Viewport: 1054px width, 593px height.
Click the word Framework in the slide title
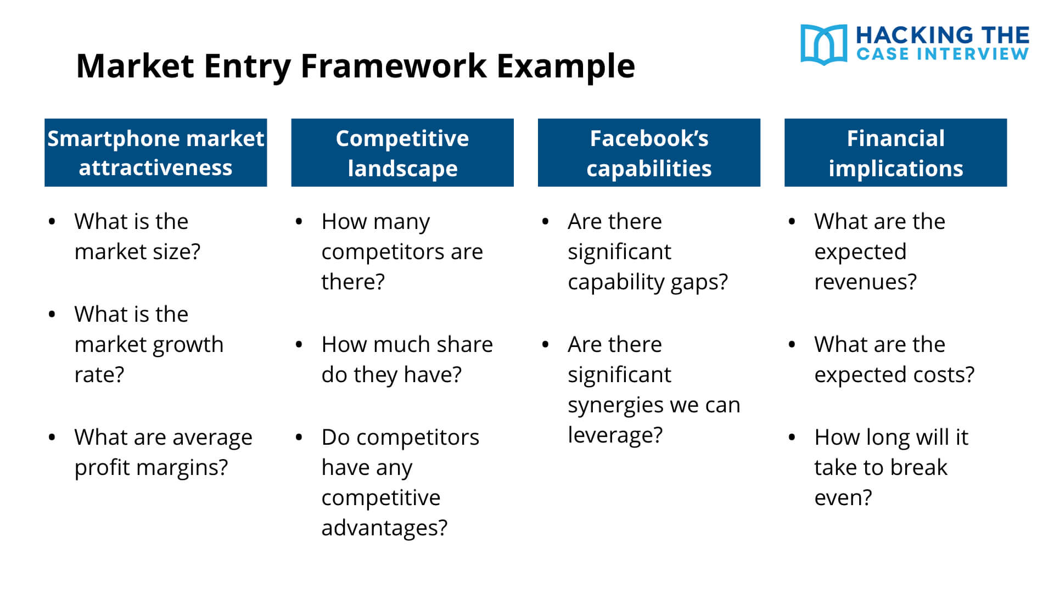click(393, 66)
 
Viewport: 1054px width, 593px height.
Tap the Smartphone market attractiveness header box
click(155, 153)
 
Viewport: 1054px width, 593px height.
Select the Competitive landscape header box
click(402, 153)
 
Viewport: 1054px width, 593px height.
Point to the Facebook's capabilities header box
click(648, 153)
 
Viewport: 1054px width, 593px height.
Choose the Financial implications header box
click(895, 153)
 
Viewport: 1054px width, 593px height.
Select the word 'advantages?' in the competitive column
click(384, 528)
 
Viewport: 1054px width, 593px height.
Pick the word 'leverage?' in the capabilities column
click(615, 435)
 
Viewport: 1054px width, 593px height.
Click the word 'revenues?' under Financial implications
click(865, 282)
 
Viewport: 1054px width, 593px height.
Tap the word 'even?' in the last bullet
click(843, 498)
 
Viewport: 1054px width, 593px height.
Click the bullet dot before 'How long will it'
click(792, 438)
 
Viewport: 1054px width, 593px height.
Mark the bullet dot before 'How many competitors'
click(299, 222)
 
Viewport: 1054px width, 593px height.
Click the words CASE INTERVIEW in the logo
click(942, 54)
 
